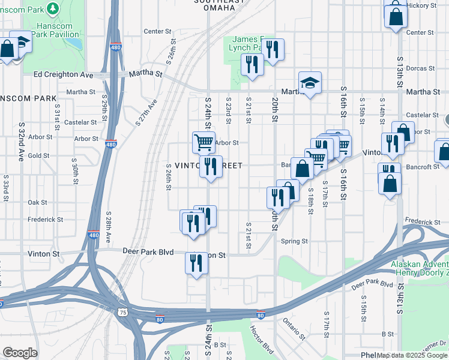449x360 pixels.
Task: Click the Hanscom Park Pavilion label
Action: (x=57, y=29)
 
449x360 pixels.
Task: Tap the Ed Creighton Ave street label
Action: (x=64, y=74)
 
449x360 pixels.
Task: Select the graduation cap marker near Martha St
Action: (x=310, y=83)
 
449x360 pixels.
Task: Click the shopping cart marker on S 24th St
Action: (x=203, y=142)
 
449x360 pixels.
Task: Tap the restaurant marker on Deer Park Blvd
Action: (x=196, y=262)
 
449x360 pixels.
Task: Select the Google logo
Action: (x=20, y=353)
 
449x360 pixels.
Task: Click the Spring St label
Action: (x=294, y=241)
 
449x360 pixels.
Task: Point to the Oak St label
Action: (x=37, y=203)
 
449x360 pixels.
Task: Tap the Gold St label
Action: (x=38, y=155)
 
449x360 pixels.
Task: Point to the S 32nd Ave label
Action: (x=21, y=142)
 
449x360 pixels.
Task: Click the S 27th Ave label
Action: (x=146, y=112)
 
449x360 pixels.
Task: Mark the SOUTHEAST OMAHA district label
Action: (x=220, y=3)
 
